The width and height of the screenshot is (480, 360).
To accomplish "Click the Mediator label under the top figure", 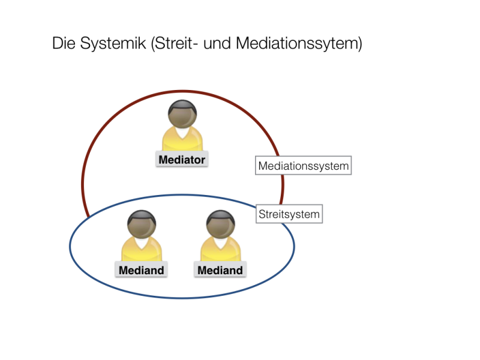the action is (182, 159).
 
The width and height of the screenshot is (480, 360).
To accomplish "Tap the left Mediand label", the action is (141, 269).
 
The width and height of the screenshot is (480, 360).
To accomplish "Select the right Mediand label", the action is (220, 269).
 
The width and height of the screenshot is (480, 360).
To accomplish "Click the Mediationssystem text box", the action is (304, 166).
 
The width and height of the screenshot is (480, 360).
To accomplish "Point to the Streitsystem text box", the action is (289, 214).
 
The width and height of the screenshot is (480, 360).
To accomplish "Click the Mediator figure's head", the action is (182, 114).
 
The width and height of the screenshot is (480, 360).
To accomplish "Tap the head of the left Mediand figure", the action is (142, 224).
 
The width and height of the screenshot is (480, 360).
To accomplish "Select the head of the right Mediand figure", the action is (221, 224).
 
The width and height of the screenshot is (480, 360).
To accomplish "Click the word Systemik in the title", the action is (113, 43).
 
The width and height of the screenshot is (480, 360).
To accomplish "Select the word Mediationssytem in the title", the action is (299, 43).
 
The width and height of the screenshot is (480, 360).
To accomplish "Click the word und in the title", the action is (217, 43).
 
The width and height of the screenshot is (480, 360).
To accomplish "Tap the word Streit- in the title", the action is (172, 43).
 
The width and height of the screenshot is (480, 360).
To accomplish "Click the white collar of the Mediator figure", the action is (182, 133).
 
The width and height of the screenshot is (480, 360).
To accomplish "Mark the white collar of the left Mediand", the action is (142, 243).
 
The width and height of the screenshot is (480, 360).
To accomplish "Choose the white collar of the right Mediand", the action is (221, 243).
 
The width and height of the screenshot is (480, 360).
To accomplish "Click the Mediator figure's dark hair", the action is (182, 104).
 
